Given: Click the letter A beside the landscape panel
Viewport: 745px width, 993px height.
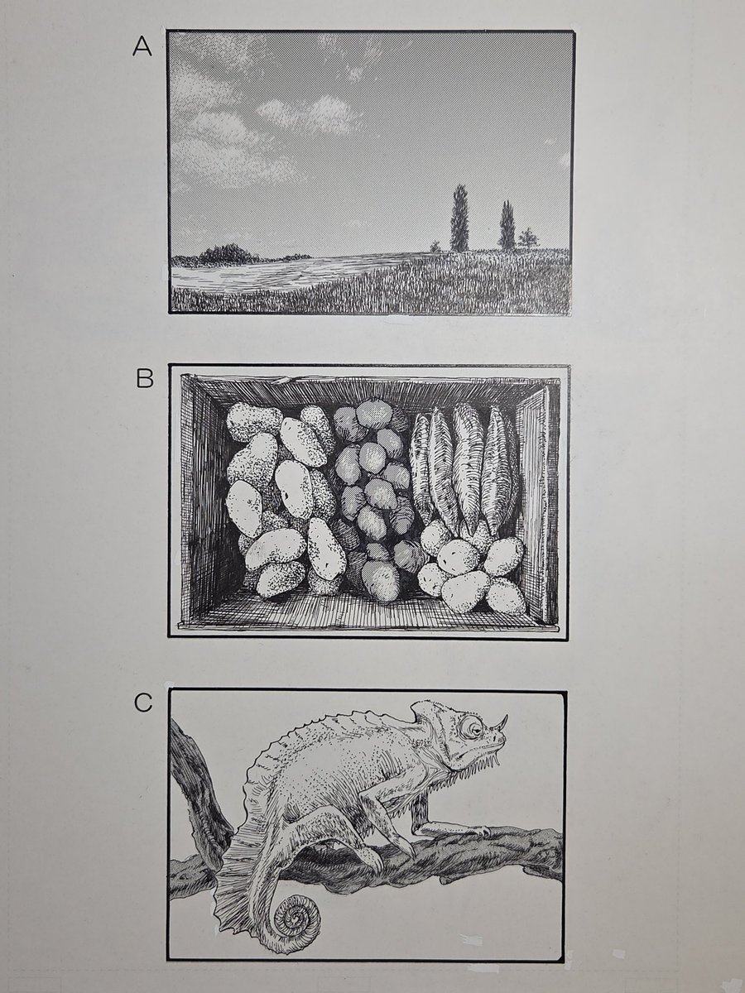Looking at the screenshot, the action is (x=142, y=46).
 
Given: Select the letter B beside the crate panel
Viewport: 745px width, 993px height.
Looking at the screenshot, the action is (x=145, y=379).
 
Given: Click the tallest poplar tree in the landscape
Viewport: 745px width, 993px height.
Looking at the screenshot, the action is (x=459, y=218).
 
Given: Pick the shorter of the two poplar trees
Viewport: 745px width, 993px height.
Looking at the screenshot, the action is (x=507, y=226).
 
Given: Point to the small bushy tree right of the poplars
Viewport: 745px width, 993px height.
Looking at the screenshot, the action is (x=527, y=237).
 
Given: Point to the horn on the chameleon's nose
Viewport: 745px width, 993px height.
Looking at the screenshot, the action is (x=501, y=724).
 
